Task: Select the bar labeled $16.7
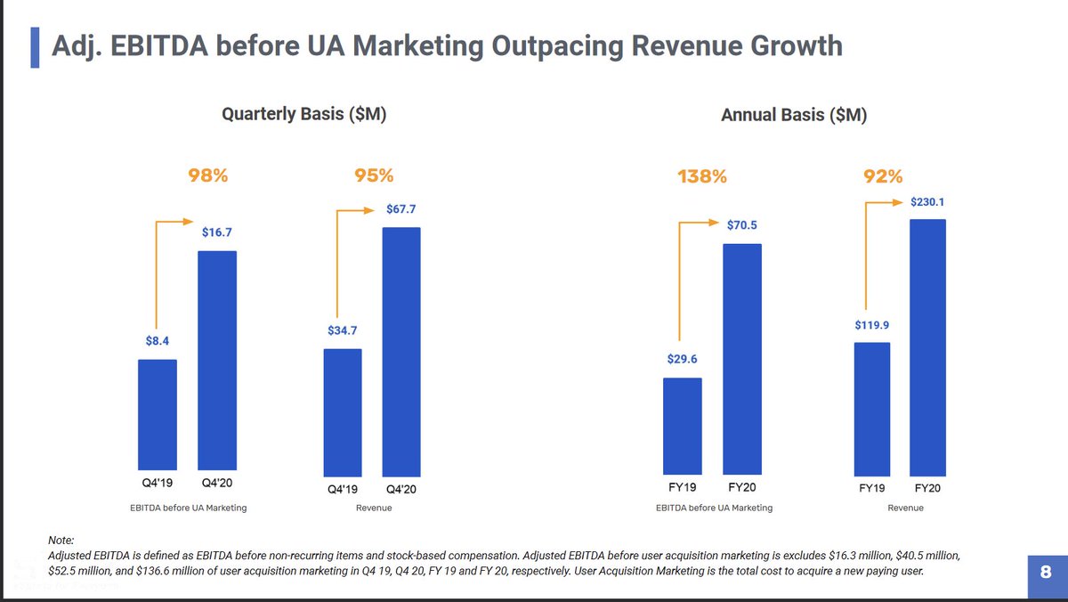[216, 362]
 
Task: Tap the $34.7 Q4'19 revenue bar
[343, 411]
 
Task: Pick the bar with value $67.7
[401, 351]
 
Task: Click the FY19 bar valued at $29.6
[683, 427]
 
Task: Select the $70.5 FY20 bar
[742, 359]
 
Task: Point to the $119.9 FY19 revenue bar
[871, 409]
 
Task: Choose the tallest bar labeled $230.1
[927, 347]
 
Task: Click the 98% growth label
[208, 176]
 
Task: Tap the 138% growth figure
[702, 176]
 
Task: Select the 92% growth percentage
[885, 176]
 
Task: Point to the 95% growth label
[374, 176]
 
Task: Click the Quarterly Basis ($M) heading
[303, 115]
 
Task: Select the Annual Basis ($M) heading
[794, 115]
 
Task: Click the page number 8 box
[1046, 571]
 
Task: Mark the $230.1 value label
[926, 202]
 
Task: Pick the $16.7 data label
[216, 233]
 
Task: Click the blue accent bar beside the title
[35, 46]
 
